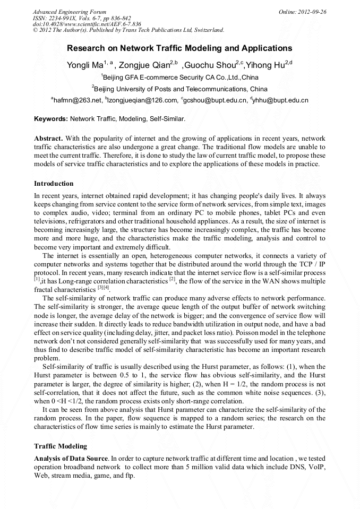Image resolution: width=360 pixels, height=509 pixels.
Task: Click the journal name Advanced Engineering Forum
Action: [70, 12]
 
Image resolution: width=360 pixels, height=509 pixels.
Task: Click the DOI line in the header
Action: [87, 24]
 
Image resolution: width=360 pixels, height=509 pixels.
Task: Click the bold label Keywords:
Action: [51, 119]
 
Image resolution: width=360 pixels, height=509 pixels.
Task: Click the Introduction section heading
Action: [54, 184]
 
